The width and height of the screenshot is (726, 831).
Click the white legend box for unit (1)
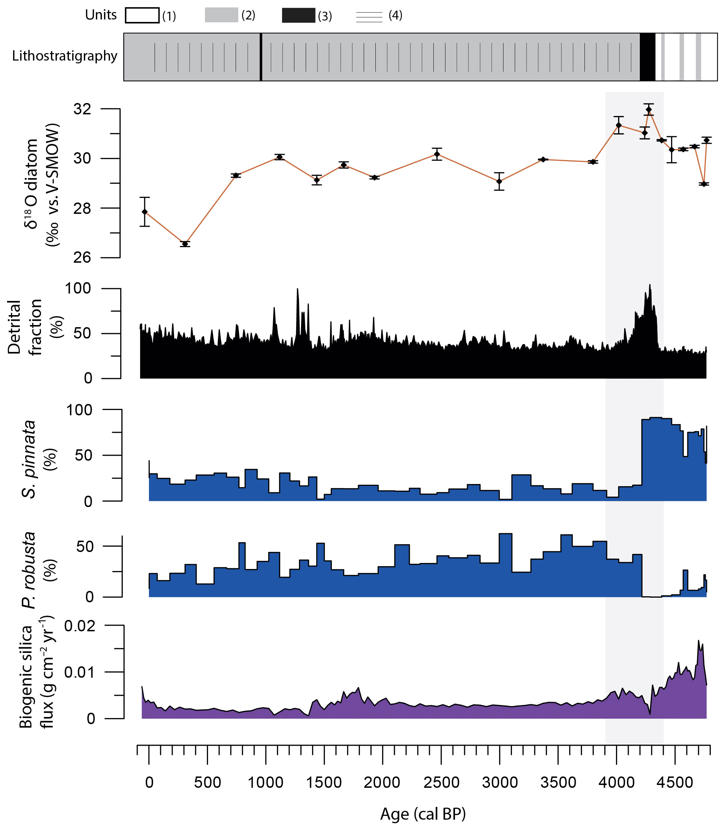pos(142,16)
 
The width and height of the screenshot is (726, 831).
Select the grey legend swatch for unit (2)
pos(221,15)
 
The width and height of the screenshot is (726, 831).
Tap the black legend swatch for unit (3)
pos(298,15)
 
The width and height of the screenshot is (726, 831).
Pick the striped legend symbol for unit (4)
pos(369,17)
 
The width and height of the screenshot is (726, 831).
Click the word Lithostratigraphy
pos(64,56)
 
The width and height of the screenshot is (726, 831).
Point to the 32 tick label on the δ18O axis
pos(82,109)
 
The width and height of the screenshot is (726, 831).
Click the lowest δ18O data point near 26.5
pos(185,244)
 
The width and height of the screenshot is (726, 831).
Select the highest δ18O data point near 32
pos(649,109)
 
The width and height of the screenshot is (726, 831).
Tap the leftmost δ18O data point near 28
pos(145,212)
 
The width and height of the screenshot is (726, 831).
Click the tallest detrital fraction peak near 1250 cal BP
pos(297,289)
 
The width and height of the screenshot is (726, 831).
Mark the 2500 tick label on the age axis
pos(441,782)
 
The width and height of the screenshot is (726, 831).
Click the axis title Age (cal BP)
pos(422,814)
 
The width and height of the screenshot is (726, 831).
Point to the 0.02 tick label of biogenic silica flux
pos(80,626)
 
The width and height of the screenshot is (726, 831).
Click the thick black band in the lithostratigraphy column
pos(647,57)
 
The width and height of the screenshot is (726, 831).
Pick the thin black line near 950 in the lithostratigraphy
pos(260,57)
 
